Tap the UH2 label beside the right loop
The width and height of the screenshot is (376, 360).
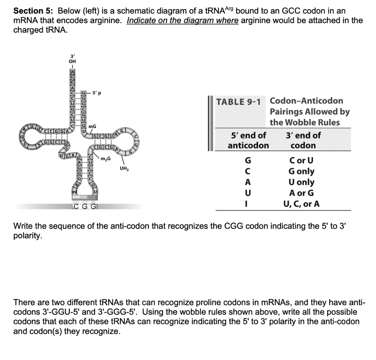point(124,169)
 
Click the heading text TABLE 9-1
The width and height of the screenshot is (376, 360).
point(238,102)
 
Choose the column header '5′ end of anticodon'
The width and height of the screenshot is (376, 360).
point(248,140)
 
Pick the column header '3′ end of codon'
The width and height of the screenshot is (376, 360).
point(303,140)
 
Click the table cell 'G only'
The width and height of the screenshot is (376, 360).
point(301,171)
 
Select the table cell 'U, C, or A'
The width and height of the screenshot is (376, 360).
point(301,204)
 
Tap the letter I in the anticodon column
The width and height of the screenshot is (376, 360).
point(248,204)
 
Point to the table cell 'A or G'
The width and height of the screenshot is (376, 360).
point(301,193)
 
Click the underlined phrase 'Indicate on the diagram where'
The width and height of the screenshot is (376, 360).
point(183,21)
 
